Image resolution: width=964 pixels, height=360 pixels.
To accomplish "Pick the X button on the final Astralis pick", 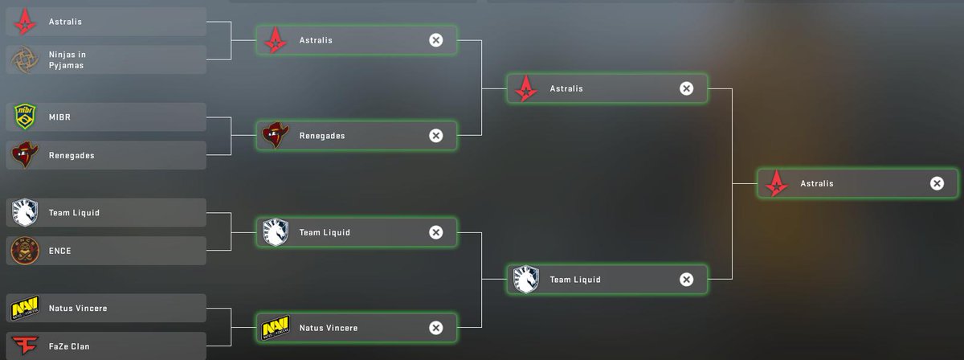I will [937, 183].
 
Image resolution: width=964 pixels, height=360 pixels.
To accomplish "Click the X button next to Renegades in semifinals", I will [435, 136].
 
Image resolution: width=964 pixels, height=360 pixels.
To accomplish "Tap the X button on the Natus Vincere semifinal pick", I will [435, 327].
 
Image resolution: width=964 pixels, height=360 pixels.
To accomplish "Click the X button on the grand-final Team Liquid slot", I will [686, 280].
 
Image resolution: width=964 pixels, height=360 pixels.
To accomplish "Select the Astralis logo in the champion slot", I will [777, 183].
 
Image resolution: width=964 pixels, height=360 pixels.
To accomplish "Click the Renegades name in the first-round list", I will [71, 155].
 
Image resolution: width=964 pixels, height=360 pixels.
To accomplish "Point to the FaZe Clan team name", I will [69, 346].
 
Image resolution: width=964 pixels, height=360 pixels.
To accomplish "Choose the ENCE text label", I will [60, 251].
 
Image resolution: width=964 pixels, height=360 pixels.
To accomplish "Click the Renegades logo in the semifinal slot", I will [276, 136].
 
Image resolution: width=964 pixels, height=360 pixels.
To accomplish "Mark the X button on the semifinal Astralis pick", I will [435, 40].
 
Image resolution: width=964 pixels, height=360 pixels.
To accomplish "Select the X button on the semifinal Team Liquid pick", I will [435, 232].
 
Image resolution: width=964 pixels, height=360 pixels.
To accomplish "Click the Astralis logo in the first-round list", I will [26, 22].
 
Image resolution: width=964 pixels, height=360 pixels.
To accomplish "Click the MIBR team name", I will [60, 117].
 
